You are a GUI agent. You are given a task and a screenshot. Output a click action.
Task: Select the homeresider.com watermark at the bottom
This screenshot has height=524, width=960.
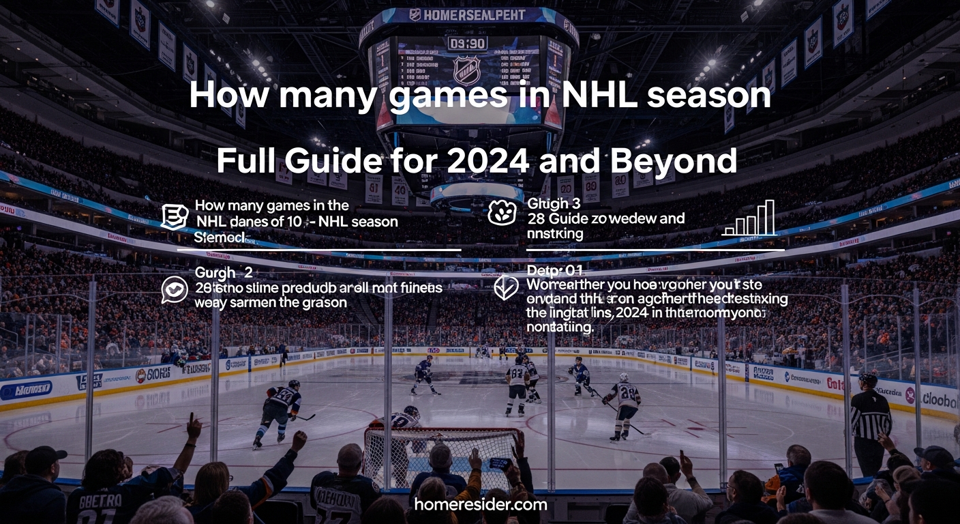click(x=481, y=505)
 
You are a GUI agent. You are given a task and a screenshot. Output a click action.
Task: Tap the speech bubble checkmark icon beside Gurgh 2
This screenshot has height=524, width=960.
click(x=174, y=289)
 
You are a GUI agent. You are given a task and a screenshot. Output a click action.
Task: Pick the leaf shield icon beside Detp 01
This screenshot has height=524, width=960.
click(x=505, y=287)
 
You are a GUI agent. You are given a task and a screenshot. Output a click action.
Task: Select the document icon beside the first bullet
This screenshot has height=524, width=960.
click(x=173, y=216)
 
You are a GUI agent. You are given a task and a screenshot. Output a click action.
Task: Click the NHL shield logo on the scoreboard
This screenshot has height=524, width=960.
click(x=467, y=69)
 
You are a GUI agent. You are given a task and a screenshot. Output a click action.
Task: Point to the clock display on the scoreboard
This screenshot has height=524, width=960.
click(x=467, y=43)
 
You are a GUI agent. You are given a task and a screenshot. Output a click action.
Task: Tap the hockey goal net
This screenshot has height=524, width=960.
click(x=443, y=454)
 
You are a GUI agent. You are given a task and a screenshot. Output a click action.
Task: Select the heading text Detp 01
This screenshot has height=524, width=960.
click(x=554, y=271)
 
